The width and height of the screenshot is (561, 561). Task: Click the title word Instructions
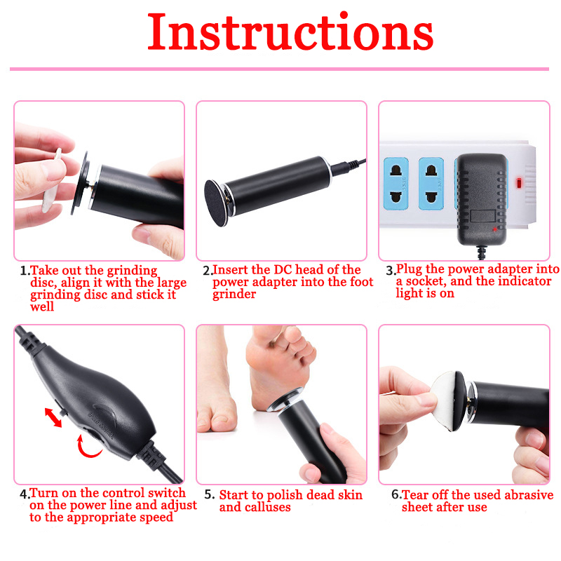click(290, 32)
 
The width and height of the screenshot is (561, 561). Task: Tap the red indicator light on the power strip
click(518, 183)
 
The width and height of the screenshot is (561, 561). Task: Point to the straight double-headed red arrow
click(53, 417)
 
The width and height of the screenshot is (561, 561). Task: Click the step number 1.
click(25, 271)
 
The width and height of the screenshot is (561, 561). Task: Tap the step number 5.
click(209, 495)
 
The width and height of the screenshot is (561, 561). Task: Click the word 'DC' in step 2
click(283, 269)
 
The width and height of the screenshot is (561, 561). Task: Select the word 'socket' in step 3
click(426, 282)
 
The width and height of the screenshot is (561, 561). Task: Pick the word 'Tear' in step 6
click(415, 495)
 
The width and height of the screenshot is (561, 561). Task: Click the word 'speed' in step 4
click(156, 518)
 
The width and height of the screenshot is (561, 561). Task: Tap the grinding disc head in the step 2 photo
click(215, 203)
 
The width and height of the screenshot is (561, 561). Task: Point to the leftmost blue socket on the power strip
click(396, 184)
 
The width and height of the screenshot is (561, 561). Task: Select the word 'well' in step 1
click(42, 306)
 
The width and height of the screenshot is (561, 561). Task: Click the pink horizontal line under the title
click(279, 69)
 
